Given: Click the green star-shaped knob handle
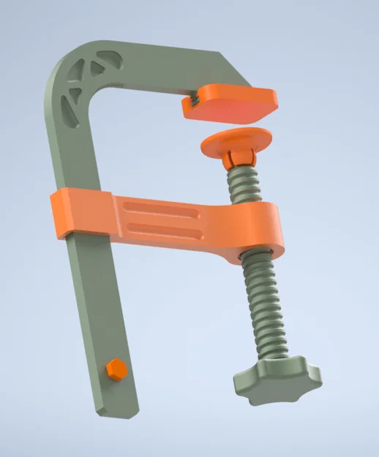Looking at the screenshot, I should pos(278,381).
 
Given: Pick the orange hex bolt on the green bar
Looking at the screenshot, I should pos(113,369).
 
